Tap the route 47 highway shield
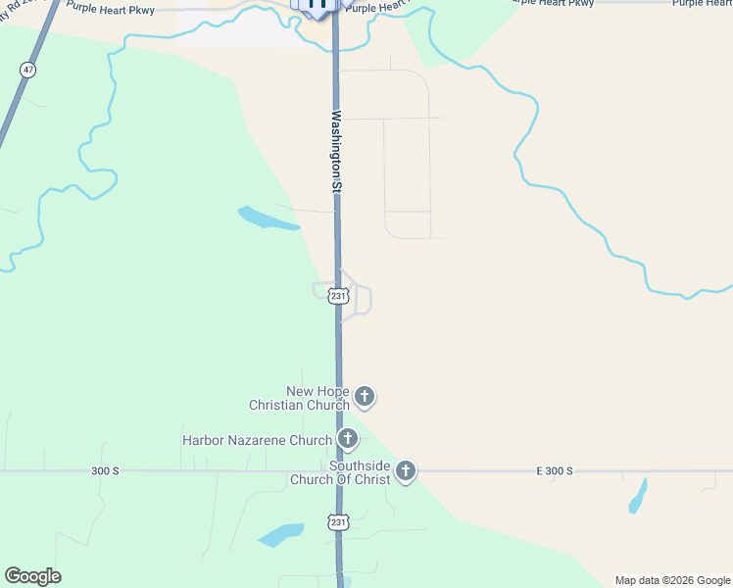coord(26,70)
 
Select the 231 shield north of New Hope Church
coord(338,296)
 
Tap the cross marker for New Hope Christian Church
coord(364,397)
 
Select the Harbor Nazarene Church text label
coord(257,440)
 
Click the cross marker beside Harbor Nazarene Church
coord(347,439)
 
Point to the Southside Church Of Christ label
coord(339,472)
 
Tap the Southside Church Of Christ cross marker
coord(405,472)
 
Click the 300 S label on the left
coord(105,471)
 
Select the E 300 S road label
coord(554,471)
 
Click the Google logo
coord(32,576)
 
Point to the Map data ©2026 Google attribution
coord(673,580)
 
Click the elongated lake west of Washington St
coord(267,219)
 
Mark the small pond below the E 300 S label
coord(638,496)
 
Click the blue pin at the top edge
coord(317,5)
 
